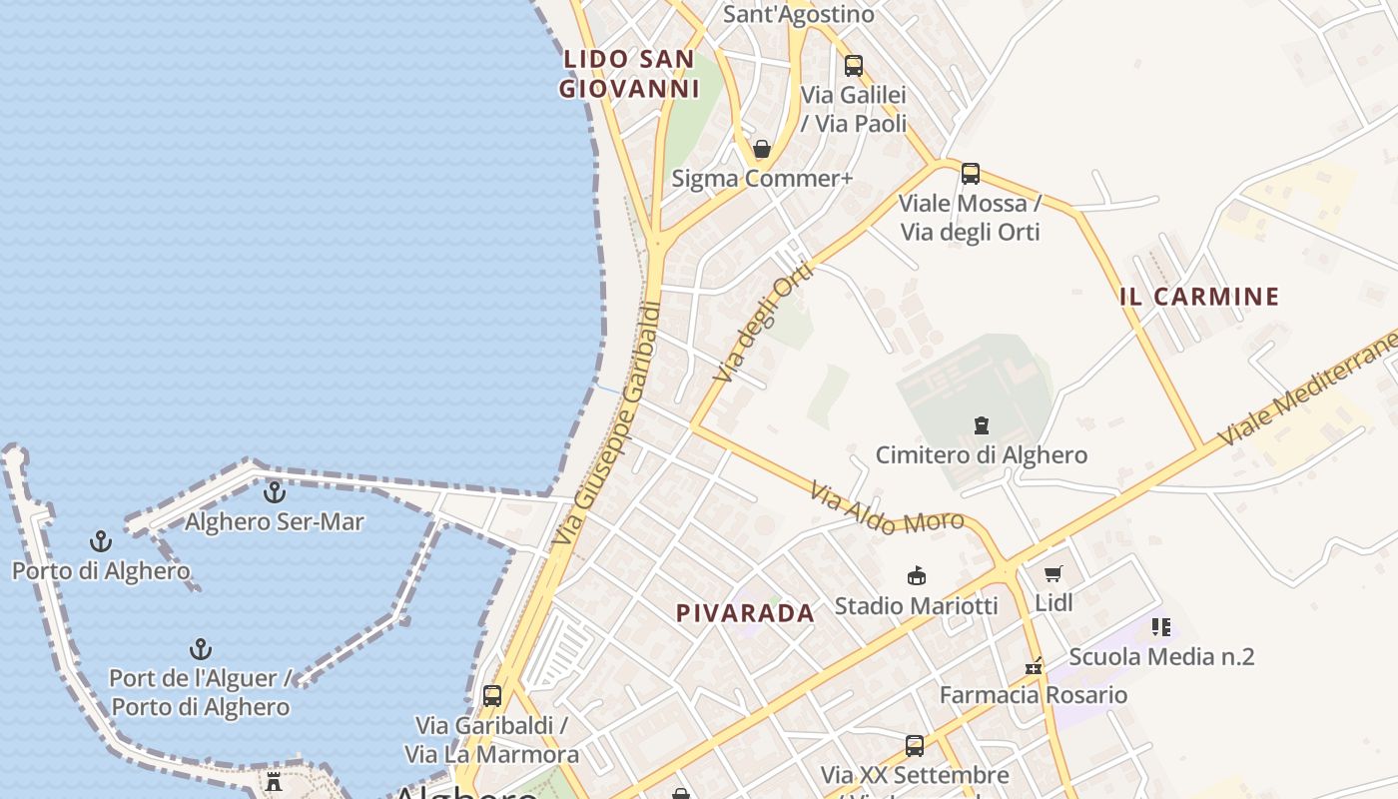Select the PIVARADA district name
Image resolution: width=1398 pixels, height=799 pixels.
(x=745, y=613)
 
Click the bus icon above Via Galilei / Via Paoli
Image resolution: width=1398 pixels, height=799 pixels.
(x=854, y=66)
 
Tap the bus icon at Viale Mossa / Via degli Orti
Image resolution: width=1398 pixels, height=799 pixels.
(x=971, y=174)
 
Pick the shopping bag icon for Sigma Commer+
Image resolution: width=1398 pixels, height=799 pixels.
(x=762, y=150)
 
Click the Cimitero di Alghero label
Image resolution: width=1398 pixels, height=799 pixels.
(x=981, y=455)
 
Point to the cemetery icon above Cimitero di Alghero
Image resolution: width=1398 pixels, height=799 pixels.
(x=982, y=425)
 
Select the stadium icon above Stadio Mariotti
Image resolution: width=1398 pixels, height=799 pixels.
(x=916, y=575)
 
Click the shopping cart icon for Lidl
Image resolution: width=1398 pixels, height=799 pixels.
(x=1053, y=573)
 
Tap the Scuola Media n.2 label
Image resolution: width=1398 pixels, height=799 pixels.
(x=1161, y=657)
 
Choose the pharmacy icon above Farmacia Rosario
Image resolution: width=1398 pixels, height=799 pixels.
(x=1034, y=665)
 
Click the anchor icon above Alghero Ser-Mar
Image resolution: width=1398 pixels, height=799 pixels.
(x=275, y=492)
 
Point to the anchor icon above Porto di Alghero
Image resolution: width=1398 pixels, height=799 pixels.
(x=101, y=541)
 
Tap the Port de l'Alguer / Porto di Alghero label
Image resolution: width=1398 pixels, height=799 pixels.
(x=201, y=692)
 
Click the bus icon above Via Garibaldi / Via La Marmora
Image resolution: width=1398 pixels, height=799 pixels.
(x=492, y=695)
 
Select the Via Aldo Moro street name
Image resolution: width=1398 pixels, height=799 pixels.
(x=886, y=508)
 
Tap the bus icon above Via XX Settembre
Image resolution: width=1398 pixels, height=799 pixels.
(x=915, y=745)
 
